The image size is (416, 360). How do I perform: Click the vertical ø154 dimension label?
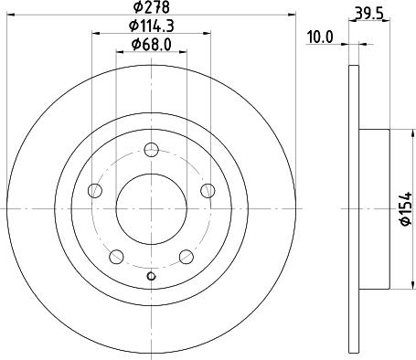click(x=404, y=209)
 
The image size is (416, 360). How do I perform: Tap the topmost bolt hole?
click(x=153, y=149)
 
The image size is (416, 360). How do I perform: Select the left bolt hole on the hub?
click(x=94, y=191)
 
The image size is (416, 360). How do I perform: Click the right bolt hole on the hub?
click(x=210, y=191)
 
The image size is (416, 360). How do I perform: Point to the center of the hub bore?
click(x=152, y=209)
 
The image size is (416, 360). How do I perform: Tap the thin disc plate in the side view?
click(x=355, y=209)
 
